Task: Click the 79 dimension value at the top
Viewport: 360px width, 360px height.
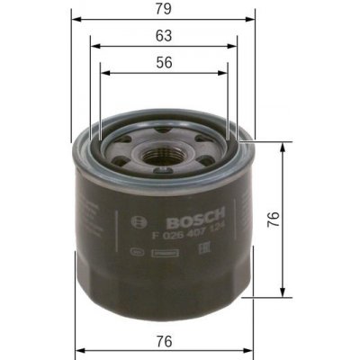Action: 163,11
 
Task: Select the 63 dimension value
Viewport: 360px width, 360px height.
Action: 163,36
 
